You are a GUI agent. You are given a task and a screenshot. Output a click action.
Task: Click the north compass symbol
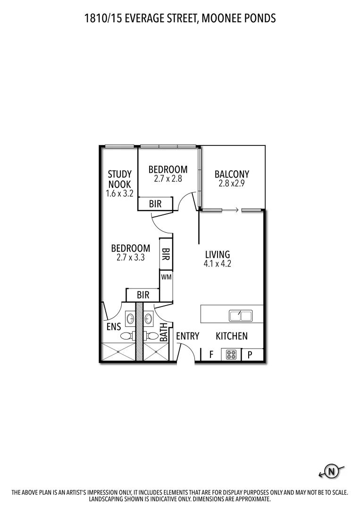(332, 471)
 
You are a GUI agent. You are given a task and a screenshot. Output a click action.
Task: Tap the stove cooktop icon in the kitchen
(231, 355)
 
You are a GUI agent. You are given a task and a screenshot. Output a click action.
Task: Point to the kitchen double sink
(241, 315)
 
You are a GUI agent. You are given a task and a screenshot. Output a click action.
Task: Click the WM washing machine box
(166, 277)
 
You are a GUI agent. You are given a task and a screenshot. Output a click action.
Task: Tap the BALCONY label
(232, 174)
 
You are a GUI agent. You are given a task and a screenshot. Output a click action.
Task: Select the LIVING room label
(218, 255)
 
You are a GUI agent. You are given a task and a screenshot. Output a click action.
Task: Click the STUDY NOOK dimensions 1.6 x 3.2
(120, 193)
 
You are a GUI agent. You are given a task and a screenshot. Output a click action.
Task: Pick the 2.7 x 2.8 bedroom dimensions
(168, 179)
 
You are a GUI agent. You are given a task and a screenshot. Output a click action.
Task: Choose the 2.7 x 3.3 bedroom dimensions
(131, 257)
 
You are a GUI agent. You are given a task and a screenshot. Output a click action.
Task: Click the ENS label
(114, 326)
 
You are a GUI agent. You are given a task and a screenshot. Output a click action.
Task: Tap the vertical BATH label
(164, 332)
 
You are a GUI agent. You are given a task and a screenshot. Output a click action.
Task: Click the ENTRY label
(188, 336)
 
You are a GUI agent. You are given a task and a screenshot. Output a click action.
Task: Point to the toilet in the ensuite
(126, 336)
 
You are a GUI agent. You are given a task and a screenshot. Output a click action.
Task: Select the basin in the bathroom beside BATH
(149, 318)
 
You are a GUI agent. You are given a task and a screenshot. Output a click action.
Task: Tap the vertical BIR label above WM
(166, 258)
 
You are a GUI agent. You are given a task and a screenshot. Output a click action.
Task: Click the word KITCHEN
(232, 336)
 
